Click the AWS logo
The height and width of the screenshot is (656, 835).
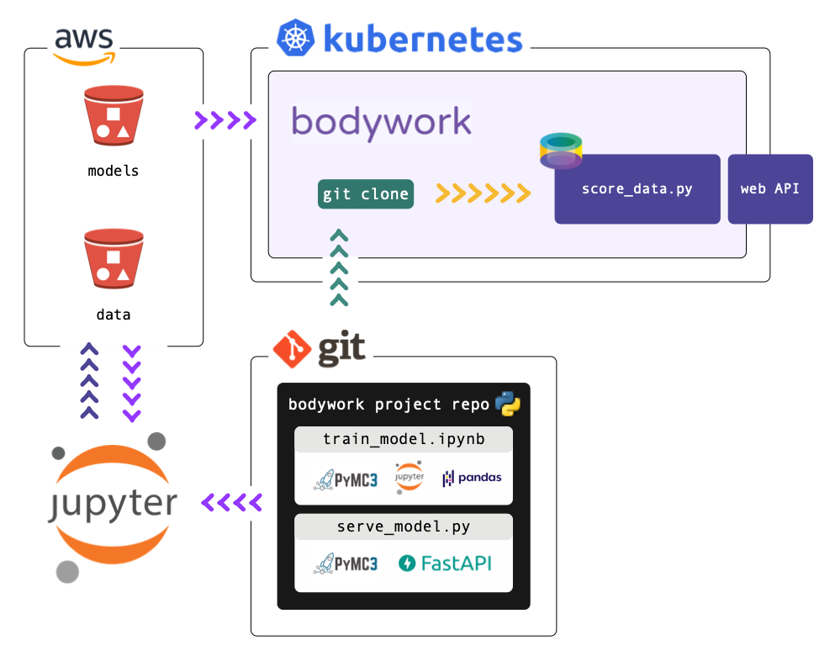[x=84, y=45]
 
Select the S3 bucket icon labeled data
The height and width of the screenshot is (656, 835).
[x=113, y=259]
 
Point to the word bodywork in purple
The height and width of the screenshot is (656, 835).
[x=381, y=122]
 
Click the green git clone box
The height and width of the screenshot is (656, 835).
[x=366, y=194]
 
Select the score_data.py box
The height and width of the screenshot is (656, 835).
[x=637, y=189]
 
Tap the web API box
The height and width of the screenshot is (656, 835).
[x=769, y=189]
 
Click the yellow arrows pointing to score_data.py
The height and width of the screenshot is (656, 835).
[x=483, y=194]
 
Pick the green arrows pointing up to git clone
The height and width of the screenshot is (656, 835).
[x=339, y=267]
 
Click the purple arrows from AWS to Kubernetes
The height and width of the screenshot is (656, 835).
[x=225, y=120]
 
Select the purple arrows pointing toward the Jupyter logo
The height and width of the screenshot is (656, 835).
[x=231, y=503]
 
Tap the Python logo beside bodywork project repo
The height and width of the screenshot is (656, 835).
[x=508, y=404]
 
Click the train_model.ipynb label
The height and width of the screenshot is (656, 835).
[x=403, y=439]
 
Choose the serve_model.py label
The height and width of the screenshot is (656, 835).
[x=403, y=527]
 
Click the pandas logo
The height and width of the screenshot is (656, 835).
[x=472, y=478]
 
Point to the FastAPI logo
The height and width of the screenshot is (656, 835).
[x=445, y=563]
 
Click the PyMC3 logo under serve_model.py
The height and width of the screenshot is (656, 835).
[x=346, y=563]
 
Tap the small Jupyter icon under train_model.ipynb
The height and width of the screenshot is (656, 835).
[x=410, y=476]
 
